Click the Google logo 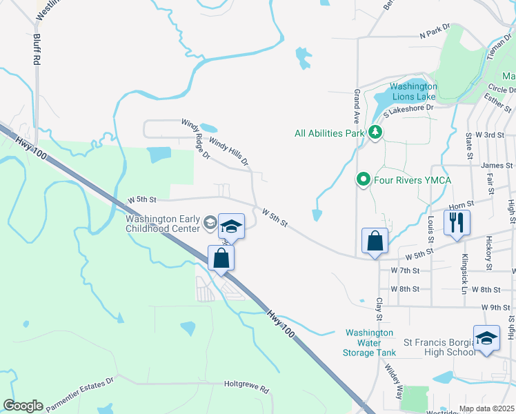point(23,406)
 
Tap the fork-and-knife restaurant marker point(457,222)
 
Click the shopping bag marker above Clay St point(375,241)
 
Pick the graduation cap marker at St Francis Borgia point(486,338)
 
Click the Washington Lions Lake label point(413,92)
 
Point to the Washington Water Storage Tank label point(369,342)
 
